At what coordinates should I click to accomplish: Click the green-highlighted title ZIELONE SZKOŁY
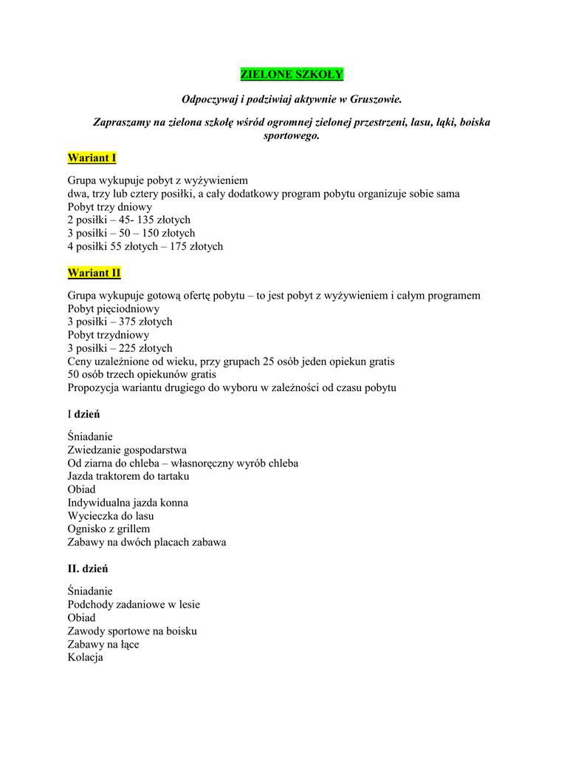(292, 75)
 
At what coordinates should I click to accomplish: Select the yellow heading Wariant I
(92, 157)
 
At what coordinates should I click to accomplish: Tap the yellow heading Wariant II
(94, 273)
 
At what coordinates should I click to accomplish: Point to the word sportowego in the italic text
(292, 136)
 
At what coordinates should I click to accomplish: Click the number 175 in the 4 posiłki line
(179, 246)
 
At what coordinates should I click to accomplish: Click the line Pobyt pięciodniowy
(113, 308)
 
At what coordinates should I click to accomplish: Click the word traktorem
(121, 476)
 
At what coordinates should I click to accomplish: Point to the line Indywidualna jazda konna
(128, 503)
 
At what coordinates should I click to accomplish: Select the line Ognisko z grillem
(109, 529)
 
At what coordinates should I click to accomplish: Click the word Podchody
(92, 604)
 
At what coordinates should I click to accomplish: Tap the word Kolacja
(85, 657)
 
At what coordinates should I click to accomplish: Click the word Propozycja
(94, 387)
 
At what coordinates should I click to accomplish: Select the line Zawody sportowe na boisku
(132, 631)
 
